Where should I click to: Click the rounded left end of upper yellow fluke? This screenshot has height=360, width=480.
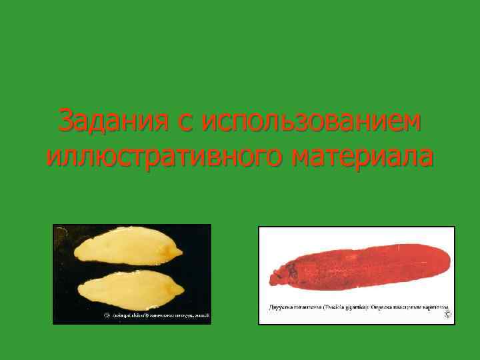tap(77, 253)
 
